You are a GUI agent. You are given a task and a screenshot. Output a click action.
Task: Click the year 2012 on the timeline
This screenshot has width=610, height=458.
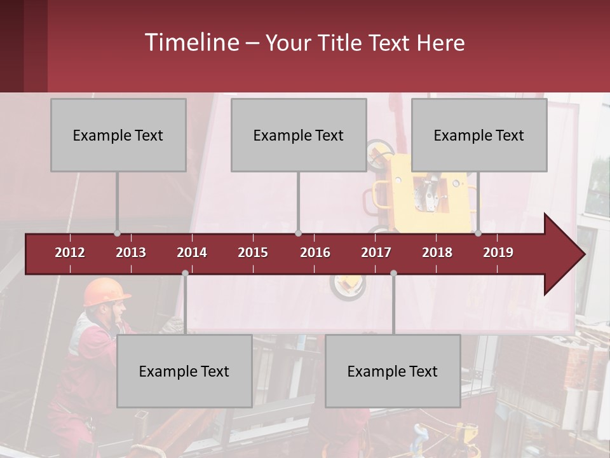(x=70, y=253)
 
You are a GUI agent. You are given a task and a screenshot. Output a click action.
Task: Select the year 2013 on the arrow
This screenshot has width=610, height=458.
(x=131, y=253)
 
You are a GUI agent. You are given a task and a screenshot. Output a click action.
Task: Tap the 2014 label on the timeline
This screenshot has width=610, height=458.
(x=192, y=253)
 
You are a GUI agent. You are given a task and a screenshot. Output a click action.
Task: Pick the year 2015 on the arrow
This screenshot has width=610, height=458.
(x=253, y=253)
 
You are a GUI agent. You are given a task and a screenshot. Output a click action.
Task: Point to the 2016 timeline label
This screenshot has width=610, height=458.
(x=315, y=253)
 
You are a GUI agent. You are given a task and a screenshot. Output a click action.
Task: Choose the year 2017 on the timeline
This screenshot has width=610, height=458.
(x=376, y=253)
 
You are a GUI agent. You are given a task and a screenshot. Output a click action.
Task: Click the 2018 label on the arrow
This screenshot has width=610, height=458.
(x=437, y=253)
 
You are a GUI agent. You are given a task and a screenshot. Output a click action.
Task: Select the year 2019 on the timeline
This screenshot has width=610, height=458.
(x=498, y=253)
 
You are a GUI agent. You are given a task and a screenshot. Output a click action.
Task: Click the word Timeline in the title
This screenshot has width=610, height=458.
(x=191, y=43)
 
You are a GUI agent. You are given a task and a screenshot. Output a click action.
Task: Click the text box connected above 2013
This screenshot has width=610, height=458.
(x=118, y=135)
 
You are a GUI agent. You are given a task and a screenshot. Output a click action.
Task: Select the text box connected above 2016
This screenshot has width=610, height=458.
(x=299, y=135)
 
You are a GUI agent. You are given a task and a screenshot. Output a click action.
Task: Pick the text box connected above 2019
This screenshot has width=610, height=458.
(x=479, y=135)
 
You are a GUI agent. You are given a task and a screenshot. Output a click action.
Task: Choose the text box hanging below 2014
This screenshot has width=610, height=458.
(x=184, y=371)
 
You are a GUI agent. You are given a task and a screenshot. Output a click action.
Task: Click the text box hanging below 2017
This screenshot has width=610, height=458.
(x=393, y=371)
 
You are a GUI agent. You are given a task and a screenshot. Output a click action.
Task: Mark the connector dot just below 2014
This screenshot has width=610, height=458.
(x=185, y=274)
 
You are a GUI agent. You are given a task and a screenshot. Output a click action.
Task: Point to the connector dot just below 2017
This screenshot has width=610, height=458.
(x=393, y=274)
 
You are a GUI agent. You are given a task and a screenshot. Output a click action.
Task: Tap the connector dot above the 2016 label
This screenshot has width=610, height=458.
(x=298, y=233)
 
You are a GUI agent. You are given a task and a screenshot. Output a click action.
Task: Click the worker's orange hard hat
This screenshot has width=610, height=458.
(x=104, y=291)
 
